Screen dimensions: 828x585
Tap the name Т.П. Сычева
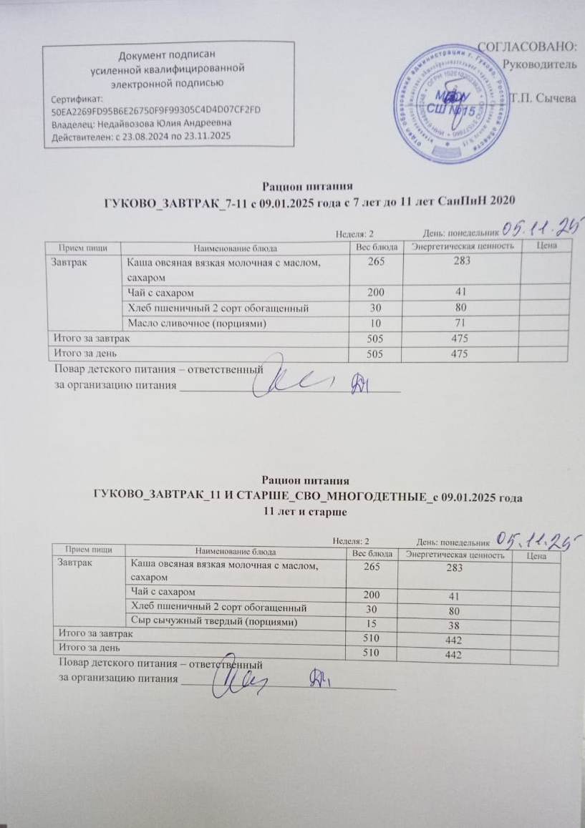pyautogui.click(x=543, y=99)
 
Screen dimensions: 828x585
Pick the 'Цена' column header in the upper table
pyautogui.click(x=546, y=246)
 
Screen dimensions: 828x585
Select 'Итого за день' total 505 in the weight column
pyautogui.click(x=375, y=354)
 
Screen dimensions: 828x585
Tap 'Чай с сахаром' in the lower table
pyautogui.click(x=163, y=591)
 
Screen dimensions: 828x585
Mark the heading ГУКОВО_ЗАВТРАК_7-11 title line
pyautogui.click(x=309, y=200)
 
